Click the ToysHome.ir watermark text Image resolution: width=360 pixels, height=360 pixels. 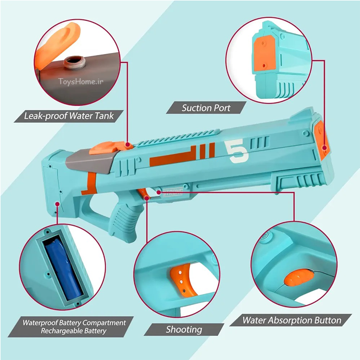81,81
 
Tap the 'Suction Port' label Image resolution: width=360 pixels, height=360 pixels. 206,108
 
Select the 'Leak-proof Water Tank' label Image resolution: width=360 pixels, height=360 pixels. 69,116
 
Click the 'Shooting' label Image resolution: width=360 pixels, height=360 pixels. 184,330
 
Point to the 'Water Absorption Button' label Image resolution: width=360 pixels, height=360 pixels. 292,320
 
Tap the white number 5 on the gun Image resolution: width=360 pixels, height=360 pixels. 237,152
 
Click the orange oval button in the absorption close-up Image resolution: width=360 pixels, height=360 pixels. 298,278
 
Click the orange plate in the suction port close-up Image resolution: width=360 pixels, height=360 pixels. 264,53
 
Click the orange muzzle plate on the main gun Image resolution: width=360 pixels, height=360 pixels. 322,140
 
